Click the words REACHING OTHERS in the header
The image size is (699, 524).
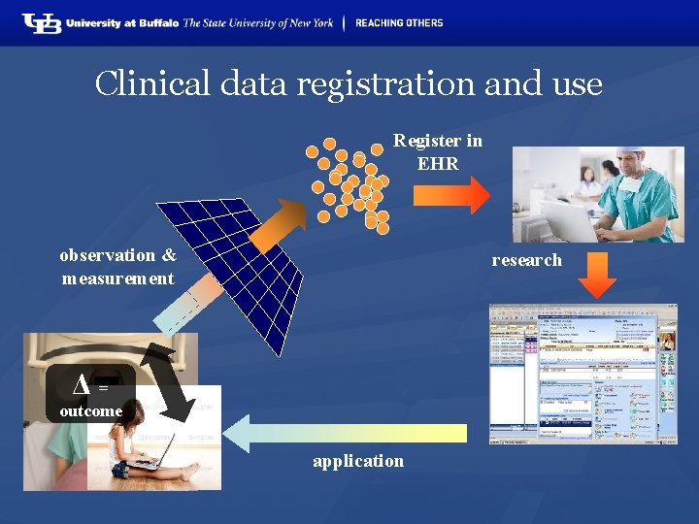[x=399, y=22]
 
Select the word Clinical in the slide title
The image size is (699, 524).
[x=152, y=84]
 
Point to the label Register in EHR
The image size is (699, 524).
[x=438, y=152]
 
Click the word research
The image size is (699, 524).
[x=526, y=260]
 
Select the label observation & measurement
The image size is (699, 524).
[x=117, y=267]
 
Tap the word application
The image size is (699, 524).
[x=358, y=461]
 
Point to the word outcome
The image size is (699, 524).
[x=91, y=411]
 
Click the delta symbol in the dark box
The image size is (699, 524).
[x=83, y=386]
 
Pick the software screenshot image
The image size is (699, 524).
[x=582, y=374]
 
